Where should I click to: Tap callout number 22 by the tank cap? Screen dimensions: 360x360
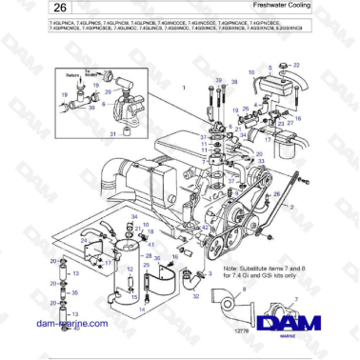(296, 65)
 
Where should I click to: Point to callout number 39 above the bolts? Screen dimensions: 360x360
(219, 82)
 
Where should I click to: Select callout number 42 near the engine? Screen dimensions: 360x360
(206, 229)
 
